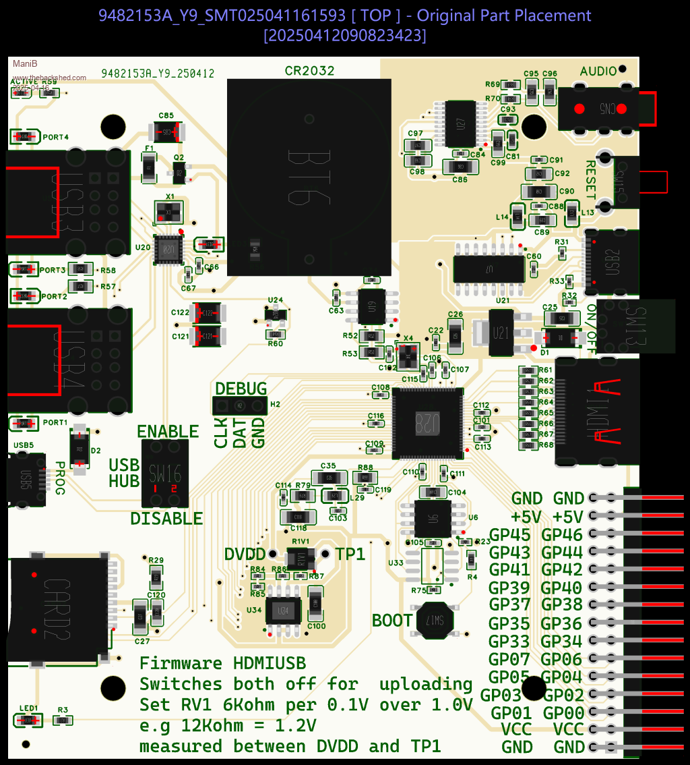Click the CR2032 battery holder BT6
click(309, 177)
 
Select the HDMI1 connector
click(596, 412)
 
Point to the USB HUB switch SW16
click(165, 473)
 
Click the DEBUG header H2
click(240, 405)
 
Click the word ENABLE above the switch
click(168, 432)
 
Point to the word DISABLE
click(166, 518)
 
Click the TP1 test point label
click(350, 554)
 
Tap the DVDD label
click(245, 554)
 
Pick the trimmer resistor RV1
click(301, 558)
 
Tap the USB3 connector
click(67, 202)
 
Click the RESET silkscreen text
click(590, 179)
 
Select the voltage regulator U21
click(501, 333)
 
